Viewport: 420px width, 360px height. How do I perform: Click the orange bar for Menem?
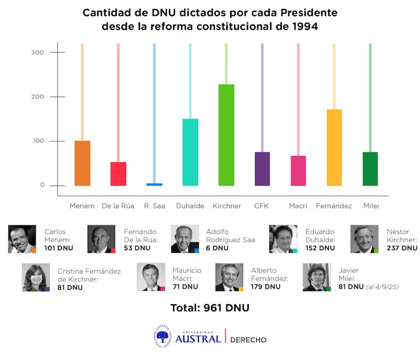(82, 163)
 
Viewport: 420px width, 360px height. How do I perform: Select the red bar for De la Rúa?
(118, 173)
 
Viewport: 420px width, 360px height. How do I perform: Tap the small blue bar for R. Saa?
(154, 184)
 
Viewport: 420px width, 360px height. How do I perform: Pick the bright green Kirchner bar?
(226, 135)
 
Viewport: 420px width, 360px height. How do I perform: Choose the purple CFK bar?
(262, 169)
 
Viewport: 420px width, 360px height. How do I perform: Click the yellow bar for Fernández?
(334, 147)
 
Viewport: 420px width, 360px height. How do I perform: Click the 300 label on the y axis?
(38, 53)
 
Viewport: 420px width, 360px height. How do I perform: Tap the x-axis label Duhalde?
(190, 206)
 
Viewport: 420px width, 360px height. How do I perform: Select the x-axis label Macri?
(298, 206)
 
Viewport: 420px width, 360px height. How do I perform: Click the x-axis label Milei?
(371, 206)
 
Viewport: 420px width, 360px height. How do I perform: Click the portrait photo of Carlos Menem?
(22, 239)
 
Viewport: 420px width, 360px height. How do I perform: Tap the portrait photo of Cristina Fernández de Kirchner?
(36, 277)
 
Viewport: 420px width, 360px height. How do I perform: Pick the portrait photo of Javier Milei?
(317, 277)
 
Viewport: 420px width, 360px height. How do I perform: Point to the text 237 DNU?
(402, 248)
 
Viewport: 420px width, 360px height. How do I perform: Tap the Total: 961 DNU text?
(209, 308)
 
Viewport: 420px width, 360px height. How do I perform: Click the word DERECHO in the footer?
(248, 340)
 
